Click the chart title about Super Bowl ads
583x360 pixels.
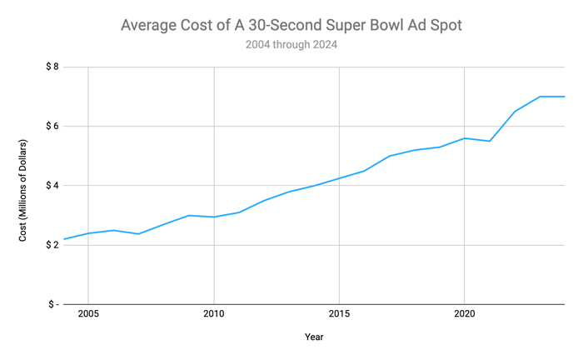click(291, 25)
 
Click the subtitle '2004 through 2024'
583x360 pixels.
click(291, 45)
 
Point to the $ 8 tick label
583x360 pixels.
click(52, 67)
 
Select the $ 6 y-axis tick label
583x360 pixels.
click(52, 126)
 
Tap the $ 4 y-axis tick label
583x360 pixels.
click(52, 185)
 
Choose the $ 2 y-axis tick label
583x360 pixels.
click(52, 245)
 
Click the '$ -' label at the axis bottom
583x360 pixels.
click(52, 304)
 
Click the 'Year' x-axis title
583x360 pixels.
click(314, 337)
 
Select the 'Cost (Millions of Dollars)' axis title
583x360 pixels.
click(23, 191)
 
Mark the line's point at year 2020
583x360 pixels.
click(464, 138)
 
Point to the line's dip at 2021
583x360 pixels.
click(489, 141)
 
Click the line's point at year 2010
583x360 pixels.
click(214, 217)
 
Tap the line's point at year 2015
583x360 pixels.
click(339, 178)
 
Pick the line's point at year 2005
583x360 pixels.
click(88, 233)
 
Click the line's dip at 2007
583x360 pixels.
click(138, 233)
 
